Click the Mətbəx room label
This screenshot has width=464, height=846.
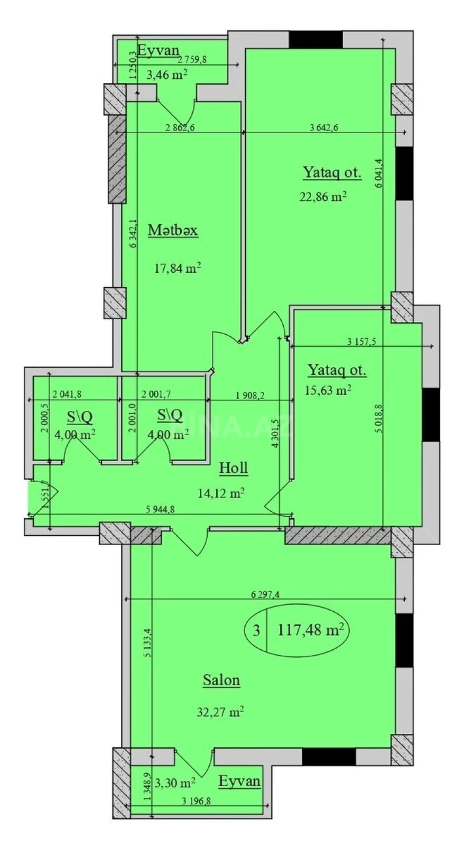(173, 231)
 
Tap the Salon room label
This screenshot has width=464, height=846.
(221, 680)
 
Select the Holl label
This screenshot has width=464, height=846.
(233, 467)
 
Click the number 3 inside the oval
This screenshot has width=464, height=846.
(256, 631)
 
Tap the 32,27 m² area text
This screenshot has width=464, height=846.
(220, 712)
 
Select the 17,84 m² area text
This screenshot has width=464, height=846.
(178, 268)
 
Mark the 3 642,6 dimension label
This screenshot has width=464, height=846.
(323, 126)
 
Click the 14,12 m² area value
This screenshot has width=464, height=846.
(221, 493)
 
